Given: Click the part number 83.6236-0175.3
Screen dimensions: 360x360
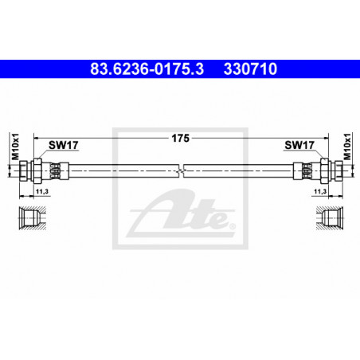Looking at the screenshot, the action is pyautogui.click(x=147, y=68).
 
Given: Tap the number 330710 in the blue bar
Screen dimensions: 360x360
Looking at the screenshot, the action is pyautogui.click(x=250, y=68).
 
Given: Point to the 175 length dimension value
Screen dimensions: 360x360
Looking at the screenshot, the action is pyautogui.click(x=180, y=139).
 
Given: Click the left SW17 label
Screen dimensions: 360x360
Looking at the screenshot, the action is pyautogui.click(x=64, y=145).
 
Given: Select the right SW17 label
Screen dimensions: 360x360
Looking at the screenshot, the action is pyautogui.click(x=299, y=145).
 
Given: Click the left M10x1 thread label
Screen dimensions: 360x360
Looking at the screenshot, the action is pyautogui.click(x=16, y=147).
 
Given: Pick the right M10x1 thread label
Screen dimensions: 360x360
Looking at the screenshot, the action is pyautogui.click(x=347, y=147).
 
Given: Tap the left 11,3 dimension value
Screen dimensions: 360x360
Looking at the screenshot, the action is pyautogui.click(x=42, y=191).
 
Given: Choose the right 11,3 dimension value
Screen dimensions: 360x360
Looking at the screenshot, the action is pyautogui.click(x=320, y=191).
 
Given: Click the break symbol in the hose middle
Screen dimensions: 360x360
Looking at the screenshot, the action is pyautogui.click(x=182, y=170).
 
